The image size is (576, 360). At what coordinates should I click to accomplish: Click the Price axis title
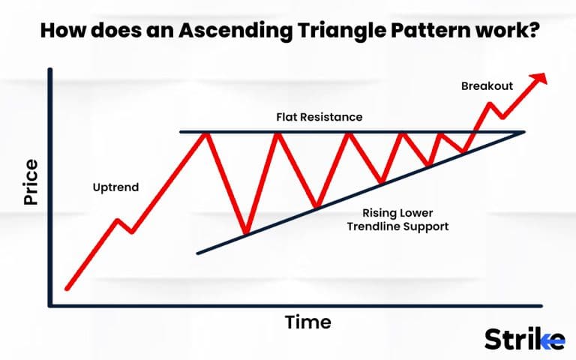pyautogui.click(x=31, y=182)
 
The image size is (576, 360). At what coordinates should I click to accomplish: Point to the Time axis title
pyautogui.click(x=307, y=322)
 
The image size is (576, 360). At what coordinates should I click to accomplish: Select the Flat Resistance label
pyautogui.click(x=319, y=118)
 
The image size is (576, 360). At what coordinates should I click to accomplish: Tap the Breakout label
pyautogui.click(x=487, y=86)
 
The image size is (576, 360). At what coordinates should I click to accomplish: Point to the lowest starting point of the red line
pyautogui.click(x=67, y=288)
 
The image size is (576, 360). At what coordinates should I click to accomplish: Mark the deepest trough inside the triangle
pyautogui.click(x=245, y=233)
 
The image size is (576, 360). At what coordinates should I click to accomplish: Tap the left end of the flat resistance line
pyautogui.click(x=181, y=132)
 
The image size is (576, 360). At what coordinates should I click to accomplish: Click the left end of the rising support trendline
pyautogui.click(x=198, y=253)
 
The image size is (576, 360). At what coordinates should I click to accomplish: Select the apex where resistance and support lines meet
pyautogui.click(x=523, y=133)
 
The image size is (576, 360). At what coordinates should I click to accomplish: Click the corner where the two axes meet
pyautogui.click(x=50, y=305)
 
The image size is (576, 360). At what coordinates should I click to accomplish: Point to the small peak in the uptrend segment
pyautogui.click(x=117, y=220)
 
